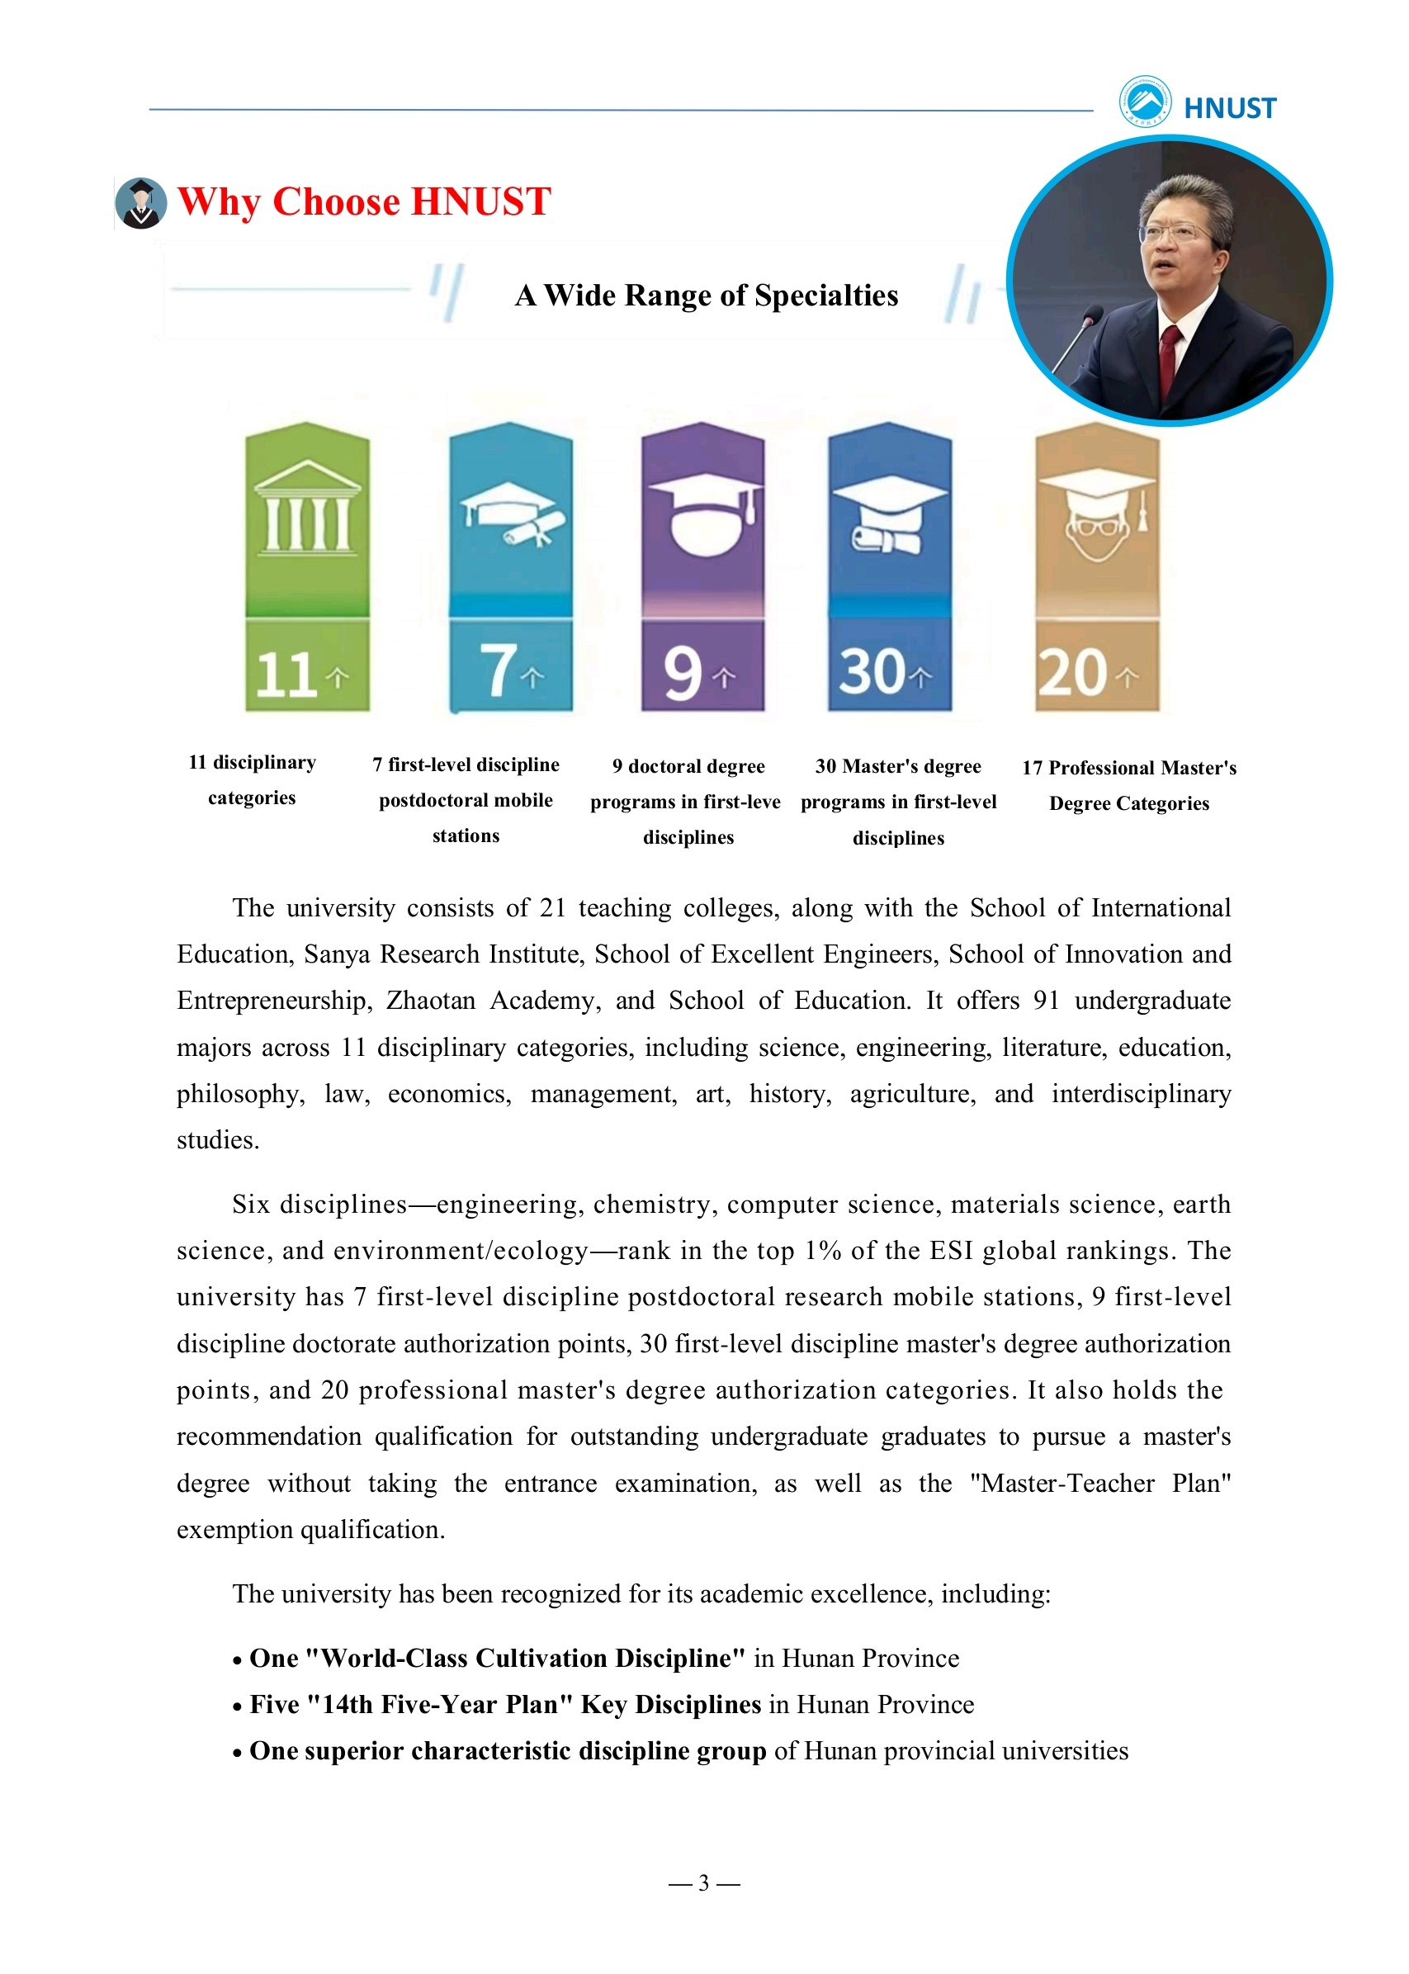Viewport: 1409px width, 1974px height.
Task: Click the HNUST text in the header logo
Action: point(1229,108)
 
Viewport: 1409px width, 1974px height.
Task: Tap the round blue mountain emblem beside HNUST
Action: point(1144,102)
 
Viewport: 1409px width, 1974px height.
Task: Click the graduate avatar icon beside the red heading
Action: point(140,203)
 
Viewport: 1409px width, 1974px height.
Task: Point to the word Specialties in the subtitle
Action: point(826,296)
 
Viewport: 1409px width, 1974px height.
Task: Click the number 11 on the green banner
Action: point(286,675)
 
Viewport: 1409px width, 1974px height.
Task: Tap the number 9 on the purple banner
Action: point(683,673)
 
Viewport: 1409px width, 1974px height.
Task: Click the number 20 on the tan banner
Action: point(1072,673)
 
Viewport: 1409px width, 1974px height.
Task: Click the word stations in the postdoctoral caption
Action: point(466,836)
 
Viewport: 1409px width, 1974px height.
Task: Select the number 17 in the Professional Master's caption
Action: point(1032,768)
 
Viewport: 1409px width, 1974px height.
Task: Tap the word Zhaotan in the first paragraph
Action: point(430,1001)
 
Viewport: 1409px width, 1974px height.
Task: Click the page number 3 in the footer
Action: point(703,1883)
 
